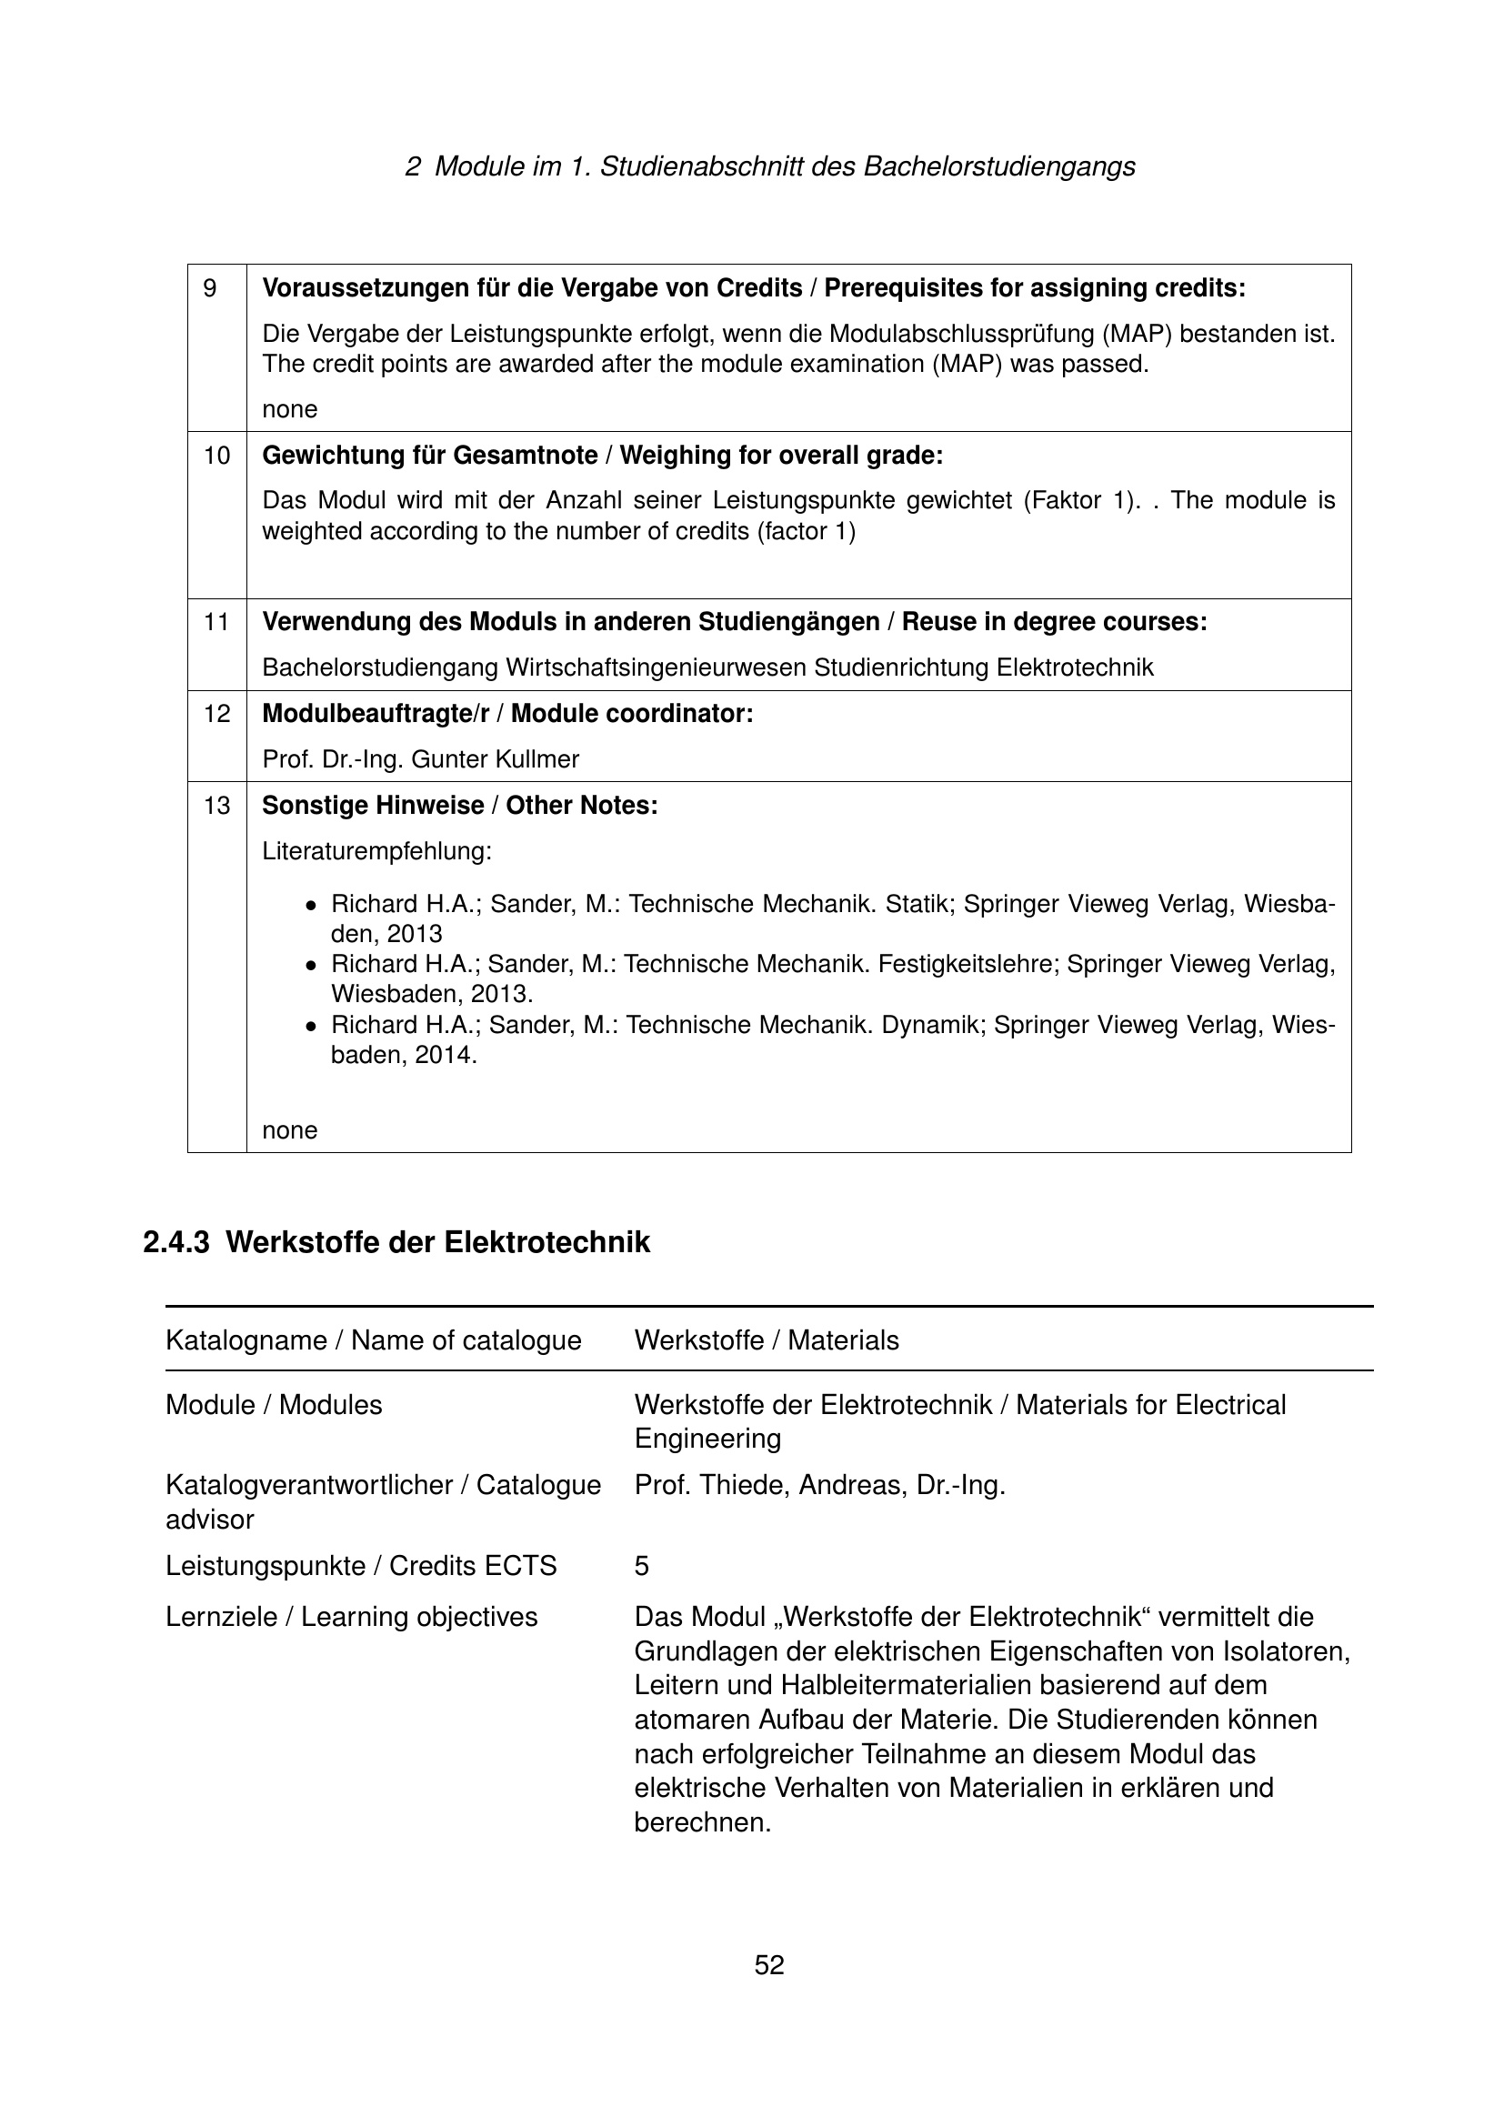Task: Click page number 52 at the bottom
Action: [768, 1965]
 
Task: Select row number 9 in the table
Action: [210, 289]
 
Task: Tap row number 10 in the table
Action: [216, 456]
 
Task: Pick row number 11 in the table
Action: [216, 622]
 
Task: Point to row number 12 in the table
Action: [216, 714]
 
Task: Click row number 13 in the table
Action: [216, 806]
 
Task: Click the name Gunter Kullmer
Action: [495, 759]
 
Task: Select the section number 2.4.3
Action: [176, 1242]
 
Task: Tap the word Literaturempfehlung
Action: [377, 850]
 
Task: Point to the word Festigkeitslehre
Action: [967, 964]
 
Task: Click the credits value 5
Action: [642, 1566]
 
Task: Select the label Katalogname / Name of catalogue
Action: [373, 1340]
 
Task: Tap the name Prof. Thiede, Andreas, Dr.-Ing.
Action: [819, 1485]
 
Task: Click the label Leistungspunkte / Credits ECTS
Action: [361, 1566]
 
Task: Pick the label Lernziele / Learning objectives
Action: [351, 1617]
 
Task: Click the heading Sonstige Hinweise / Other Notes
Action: [459, 806]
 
